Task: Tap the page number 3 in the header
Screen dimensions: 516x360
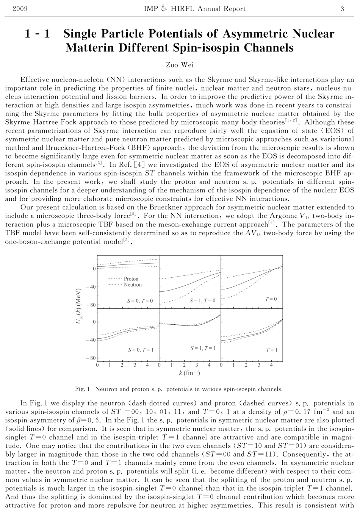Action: point(342,9)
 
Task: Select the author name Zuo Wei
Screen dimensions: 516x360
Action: point(180,65)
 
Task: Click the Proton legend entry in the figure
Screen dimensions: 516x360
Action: point(131,279)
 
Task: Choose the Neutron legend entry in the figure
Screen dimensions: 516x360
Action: point(133,285)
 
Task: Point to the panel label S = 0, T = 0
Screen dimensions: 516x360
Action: point(140,301)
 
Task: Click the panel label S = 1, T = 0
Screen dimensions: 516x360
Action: point(202,300)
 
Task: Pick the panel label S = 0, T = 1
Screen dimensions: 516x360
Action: point(141,350)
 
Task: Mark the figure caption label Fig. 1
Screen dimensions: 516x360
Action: point(82,389)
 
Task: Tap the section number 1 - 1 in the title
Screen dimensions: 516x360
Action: point(37,34)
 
